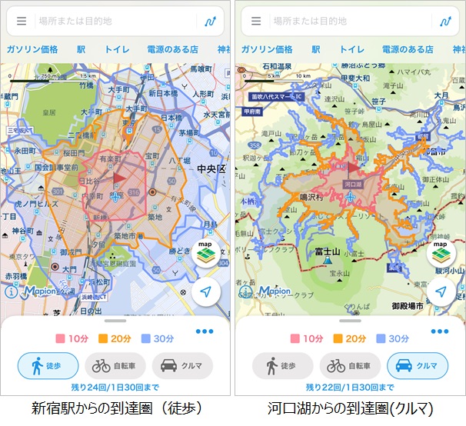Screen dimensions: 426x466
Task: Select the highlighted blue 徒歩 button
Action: click(48, 366)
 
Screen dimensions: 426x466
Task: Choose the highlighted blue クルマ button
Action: click(417, 366)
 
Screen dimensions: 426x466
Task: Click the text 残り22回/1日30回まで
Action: click(350, 387)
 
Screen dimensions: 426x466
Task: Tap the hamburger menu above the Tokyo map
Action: click(22, 22)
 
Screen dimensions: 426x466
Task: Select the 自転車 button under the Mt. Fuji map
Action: click(349, 366)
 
